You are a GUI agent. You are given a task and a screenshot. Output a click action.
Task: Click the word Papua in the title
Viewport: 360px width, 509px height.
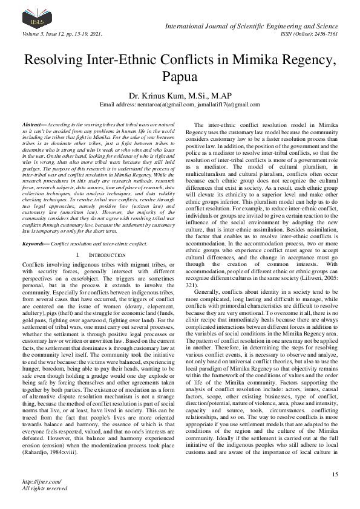180,77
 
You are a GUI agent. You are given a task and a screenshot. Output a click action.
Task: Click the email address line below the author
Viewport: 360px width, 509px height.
180,105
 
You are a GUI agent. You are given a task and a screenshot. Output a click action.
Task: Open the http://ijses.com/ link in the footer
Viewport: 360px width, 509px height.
38,482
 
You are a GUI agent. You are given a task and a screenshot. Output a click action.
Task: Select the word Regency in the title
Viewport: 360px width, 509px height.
300,60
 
